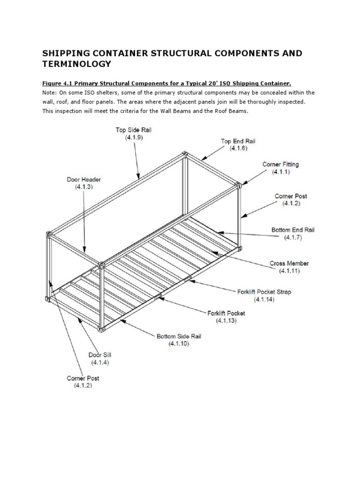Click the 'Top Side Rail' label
(134, 130)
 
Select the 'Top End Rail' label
(238, 141)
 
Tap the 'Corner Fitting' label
(281, 165)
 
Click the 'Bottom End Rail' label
(293, 230)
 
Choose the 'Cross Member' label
(289, 263)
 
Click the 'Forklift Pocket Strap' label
(264, 292)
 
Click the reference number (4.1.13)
(226, 321)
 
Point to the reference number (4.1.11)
(289, 271)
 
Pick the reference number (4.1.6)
(238, 148)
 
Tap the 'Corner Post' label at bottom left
(83, 378)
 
